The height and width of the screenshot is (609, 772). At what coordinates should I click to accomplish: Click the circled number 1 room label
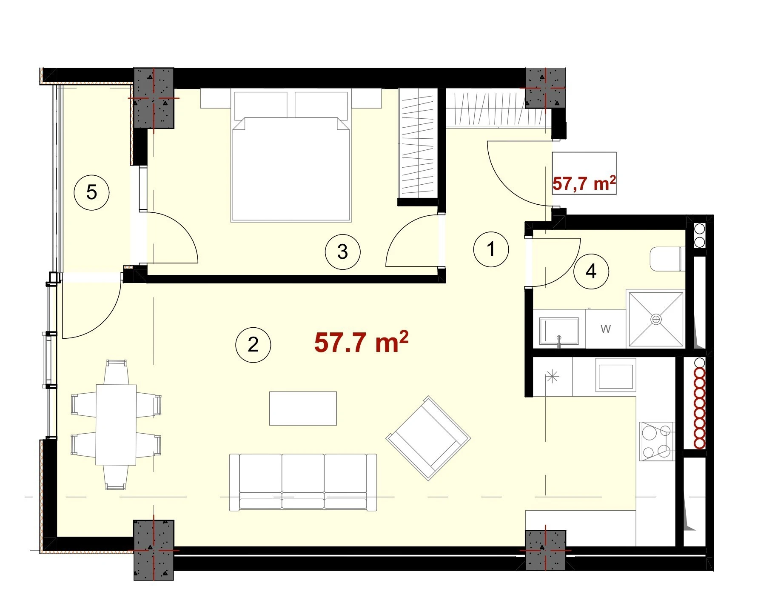click(x=491, y=249)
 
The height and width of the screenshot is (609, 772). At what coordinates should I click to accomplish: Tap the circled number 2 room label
click(x=253, y=345)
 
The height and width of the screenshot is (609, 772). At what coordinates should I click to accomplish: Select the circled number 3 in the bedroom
click(x=342, y=252)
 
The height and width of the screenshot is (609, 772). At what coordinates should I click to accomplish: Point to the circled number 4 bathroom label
click(x=591, y=272)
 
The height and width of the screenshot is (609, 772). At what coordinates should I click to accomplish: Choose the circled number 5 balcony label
click(x=91, y=192)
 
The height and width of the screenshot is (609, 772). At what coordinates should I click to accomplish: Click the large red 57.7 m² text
click(x=361, y=342)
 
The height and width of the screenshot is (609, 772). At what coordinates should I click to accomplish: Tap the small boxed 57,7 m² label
click(x=584, y=183)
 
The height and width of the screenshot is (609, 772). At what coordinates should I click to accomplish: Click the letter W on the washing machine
click(x=606, y=329)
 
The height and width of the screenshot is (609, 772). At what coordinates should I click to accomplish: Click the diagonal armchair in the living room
click(x=428, y=438)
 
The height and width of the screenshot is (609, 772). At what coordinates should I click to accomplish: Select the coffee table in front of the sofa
click(x=303, y=408)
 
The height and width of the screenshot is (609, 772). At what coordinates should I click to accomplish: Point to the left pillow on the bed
click(x=260, y=104)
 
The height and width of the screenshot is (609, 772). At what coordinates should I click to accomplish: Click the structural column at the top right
click(x=546, y=88)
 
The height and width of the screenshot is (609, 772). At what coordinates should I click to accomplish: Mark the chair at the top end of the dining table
click(x=117, y=372)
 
